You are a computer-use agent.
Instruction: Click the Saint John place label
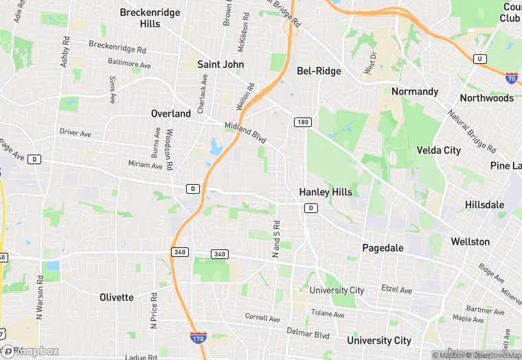(x=220, y=64)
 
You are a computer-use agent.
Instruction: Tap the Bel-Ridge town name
(x=319, y=71)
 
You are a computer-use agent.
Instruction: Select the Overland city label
(x=171, y=113)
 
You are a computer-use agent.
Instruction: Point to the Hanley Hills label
(x=325, y=192)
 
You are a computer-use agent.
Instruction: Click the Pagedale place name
(x=383, y=247)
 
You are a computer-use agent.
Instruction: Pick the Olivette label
(x=116, y=297)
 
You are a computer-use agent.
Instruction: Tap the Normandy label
(x=415, y=91)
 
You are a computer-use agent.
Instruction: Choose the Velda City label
(x=439, y=150)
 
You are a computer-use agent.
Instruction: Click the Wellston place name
(x=470, y=242)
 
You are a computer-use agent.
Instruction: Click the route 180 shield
(x=303, y=122)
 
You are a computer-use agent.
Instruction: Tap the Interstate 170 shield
(x=196, y=337)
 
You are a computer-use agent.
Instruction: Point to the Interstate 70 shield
(x=511, y=77)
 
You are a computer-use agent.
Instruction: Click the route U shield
(x=479, y=59)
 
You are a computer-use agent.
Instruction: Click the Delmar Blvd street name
(x=308, y=335)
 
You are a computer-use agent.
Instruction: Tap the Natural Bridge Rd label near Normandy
(x=471, y=131)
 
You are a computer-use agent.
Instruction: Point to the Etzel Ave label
(x=398, y=291)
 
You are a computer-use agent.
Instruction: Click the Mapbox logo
(x=31, y=351)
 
